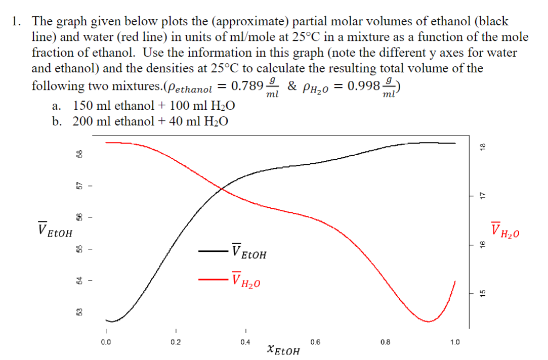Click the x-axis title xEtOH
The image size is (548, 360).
(x=283, y=350)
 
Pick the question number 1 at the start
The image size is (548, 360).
(x=17, y=21)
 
